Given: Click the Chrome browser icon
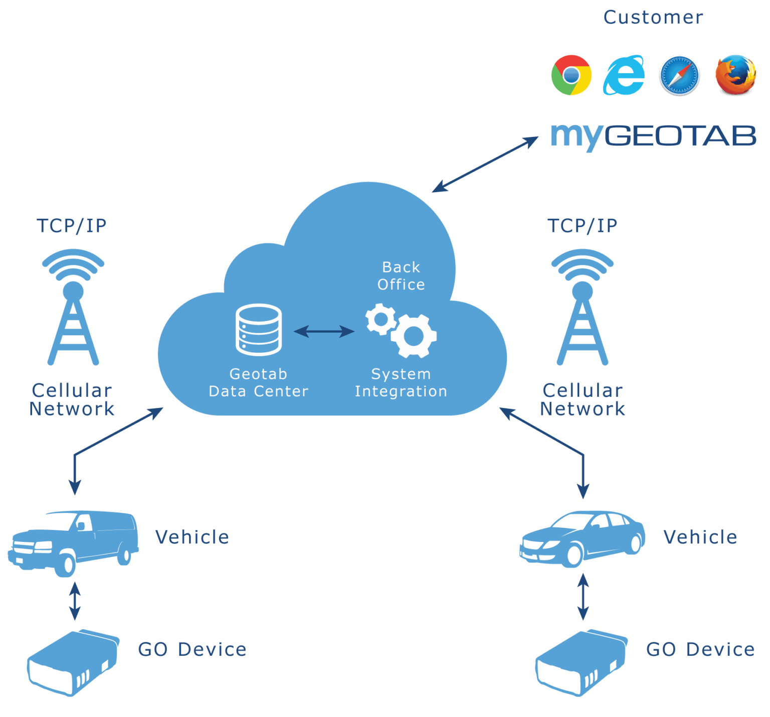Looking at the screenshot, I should click(571, 75).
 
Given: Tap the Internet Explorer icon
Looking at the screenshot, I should click(624, 75).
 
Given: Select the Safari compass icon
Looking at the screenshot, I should click(679, 75).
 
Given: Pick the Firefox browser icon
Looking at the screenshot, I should click(735, 75).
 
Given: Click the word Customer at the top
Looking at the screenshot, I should click(653, 18).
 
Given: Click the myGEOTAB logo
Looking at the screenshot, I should click(653, 136).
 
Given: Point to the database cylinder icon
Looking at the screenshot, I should click(259, 330).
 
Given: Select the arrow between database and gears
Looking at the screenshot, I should click(324, 331).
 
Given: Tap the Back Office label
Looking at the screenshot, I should click(401, 276).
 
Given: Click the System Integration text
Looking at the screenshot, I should click(401, 383).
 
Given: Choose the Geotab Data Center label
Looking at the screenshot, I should click(259, 383).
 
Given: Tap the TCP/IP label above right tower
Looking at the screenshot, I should click(582, 226).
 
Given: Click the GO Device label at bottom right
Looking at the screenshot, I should click(700, 650).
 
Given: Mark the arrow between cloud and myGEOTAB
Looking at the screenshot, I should click(485, 165).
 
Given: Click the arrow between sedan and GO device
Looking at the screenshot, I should click(583, 597).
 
